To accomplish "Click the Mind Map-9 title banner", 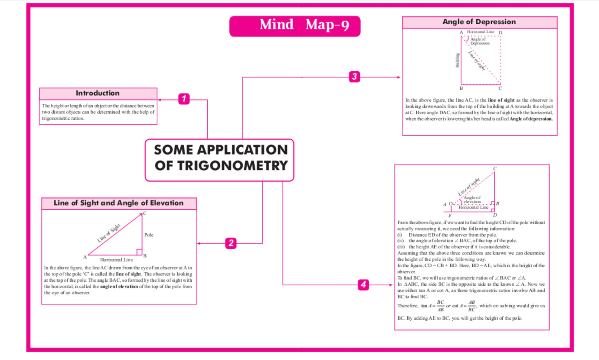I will tap(295, 26).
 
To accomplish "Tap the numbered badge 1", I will tap(184, 99).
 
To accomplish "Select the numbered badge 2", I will tap(231, 243).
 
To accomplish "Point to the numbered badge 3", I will tap(354, 77).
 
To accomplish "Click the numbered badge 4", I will tap(363, 284).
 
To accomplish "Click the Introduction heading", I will tap(98, 94).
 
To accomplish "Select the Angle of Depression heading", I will tap(479, 22).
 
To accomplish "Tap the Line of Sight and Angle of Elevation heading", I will tap(119, 203).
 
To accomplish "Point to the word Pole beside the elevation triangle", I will tap(149, 235).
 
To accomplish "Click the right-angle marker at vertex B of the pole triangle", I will tap(139, 252).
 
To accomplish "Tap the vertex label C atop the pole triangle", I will tap(145, 214).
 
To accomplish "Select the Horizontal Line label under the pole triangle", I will tap(116, 260).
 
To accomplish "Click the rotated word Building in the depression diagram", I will tap(457, 60).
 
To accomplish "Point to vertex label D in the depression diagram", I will tap(500, 33).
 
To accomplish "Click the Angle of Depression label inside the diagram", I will tap(479, 41).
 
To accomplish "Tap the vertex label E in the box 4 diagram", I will tap(450, 216).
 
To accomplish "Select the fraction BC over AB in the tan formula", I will tap(441, 306).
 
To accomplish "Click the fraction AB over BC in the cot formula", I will tap(471, 306).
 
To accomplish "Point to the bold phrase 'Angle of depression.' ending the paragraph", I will tap(531, 119).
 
